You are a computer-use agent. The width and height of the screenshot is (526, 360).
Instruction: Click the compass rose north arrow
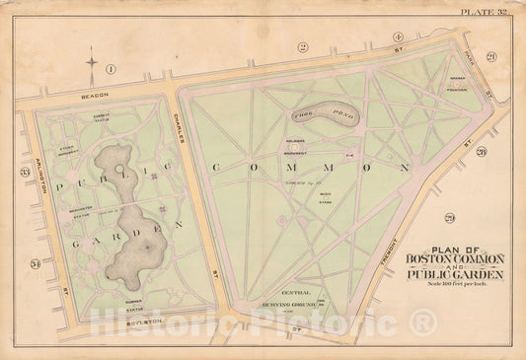point(91,65)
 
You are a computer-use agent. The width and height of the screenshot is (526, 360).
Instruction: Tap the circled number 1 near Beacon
point(112,68)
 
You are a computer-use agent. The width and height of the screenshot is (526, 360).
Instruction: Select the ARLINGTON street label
point(32,167)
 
